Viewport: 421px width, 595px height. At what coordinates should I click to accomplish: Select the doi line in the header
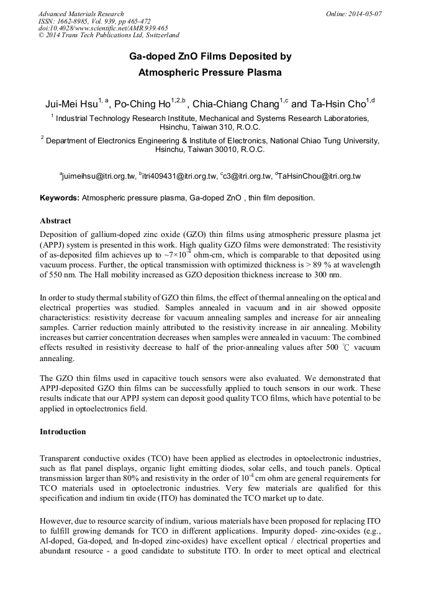(103, 29)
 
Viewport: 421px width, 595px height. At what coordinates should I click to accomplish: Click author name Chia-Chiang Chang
(236, 104)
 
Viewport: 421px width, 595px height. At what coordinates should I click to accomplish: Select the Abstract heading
(55, 221)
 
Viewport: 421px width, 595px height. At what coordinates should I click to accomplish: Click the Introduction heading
(63, 432)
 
